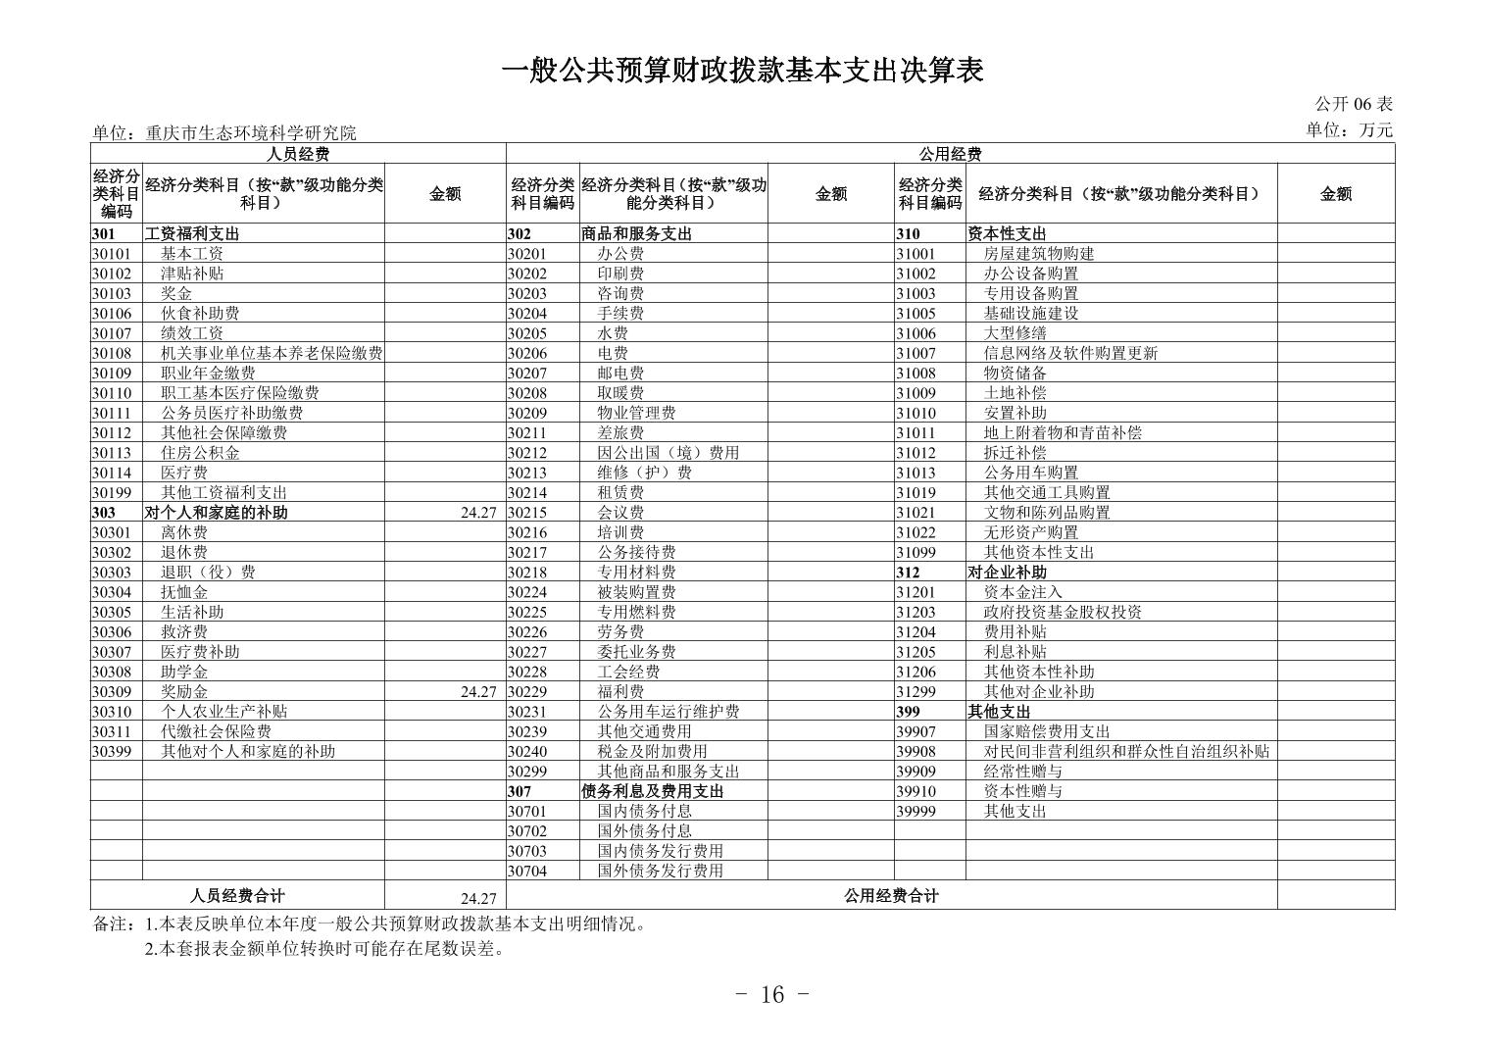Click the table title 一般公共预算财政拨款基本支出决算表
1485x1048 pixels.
[x=742, y=71]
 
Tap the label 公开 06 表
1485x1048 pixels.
[x=1353, y=104]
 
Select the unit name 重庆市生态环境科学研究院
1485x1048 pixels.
[x=251, y=133]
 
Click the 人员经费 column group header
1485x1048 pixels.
[x=298, y=154]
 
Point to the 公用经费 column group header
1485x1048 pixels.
[x=949, y=154]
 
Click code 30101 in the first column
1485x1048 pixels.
[x=112, y=254]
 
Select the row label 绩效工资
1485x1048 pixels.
[x=192, y=333]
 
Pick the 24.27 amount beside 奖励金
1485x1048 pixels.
[x=478, y=692]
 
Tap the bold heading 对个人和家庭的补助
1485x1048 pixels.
[x=217, y=513]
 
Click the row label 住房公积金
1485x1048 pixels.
[x=200, y=453]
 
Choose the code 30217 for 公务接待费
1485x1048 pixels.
[x=527, y=553]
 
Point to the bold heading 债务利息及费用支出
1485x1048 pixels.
[x=653, y=791]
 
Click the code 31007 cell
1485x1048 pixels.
[x=916, y=354]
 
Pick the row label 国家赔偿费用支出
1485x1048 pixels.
[x=1047, y=731]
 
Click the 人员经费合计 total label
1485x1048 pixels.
[x=237, y=895]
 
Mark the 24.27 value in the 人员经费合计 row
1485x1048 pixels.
[x=478, y=898]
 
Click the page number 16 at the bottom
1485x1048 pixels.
[x=772, y=995]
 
